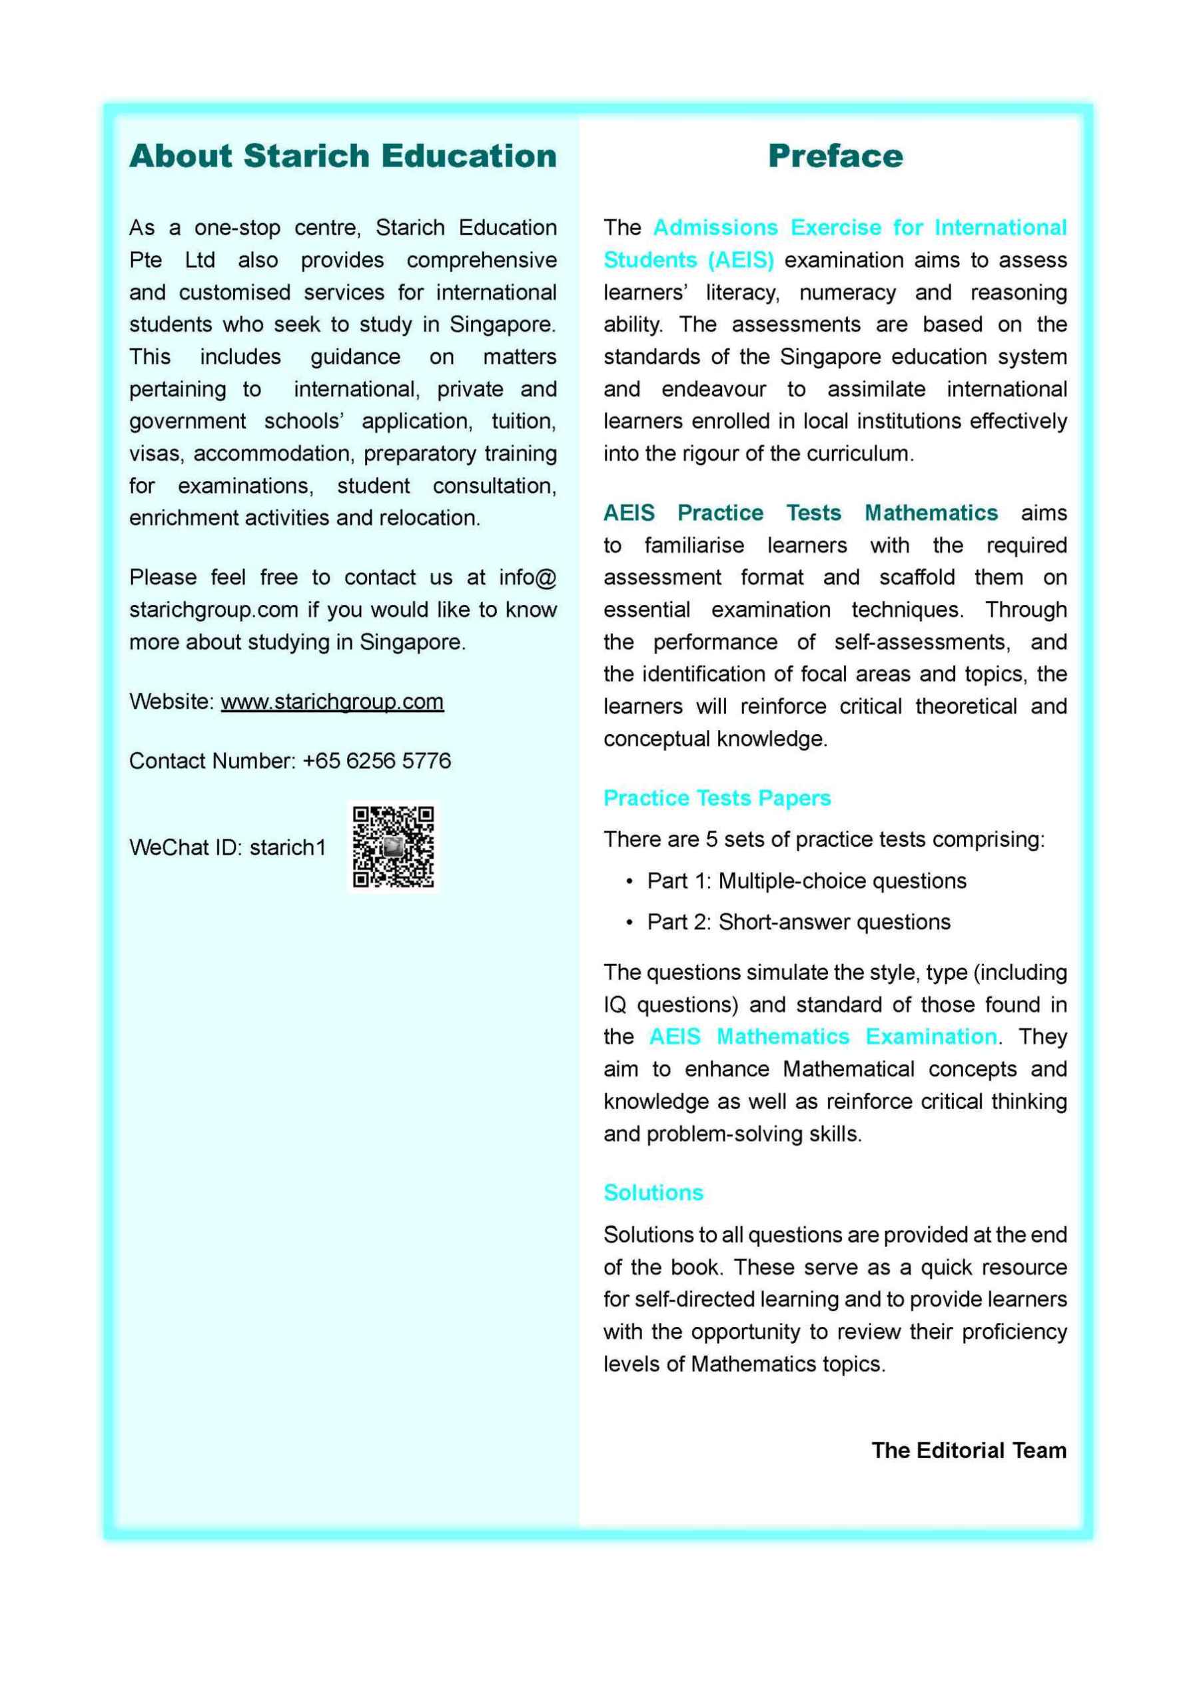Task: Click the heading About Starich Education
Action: coord(343,156)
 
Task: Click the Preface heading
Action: coord(835,156)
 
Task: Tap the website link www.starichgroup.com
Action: coord(332,701)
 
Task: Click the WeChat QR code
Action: coord(393,847)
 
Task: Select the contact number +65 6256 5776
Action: coord(377,760)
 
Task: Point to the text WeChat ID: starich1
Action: coord(228,847)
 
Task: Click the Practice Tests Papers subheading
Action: coord(717,798)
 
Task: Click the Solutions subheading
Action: coord(653,1192)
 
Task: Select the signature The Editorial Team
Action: coord(969,1450)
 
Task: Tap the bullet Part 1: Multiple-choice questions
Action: coord(806,881)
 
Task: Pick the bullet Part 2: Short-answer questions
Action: coord(798,922)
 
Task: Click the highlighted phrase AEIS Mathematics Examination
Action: coord(822,1037)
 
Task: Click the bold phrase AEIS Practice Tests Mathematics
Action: coord(800,513)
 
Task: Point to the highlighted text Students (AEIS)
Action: coord(689,260)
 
